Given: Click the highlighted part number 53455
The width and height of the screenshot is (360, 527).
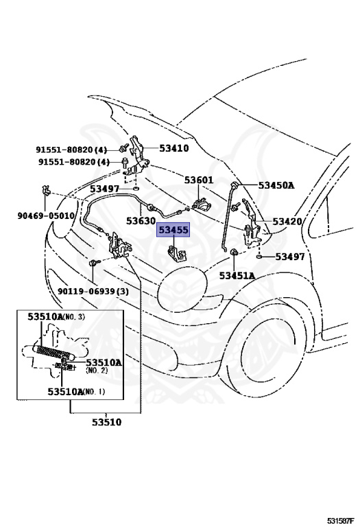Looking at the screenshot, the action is click(x=173, y=230).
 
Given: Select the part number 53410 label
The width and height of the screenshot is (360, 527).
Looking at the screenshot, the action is click(x=173, y=148).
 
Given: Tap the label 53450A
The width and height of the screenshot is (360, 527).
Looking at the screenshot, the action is click(x=276, y=185).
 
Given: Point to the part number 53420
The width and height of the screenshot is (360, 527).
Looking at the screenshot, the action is click(x=287, y=221).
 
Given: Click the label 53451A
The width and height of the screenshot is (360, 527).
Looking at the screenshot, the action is click(x=237, y=276).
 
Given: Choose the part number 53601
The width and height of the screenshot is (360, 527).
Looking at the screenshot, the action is click(x=198, y=180).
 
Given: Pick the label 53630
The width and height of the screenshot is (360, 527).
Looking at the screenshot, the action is click(x=141, y=221).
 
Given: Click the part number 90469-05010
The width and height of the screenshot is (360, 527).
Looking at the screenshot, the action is click(x=46, y=215).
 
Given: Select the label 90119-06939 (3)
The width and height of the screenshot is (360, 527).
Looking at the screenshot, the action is click(x=93, y=291).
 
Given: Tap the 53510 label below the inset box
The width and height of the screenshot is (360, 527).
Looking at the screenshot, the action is click(x=107, y=422).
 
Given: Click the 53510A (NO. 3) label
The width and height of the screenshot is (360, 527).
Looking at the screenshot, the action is click(x=56, y=316).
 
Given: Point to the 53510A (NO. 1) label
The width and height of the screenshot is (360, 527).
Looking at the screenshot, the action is click(x=76, y=392).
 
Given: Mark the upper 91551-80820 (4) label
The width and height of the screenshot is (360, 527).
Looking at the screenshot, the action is click(x=71, y=149).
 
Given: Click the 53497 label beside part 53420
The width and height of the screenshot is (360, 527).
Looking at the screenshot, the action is click(x=290, y=257).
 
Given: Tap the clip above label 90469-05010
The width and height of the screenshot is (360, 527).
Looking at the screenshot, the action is click(x=45, y=191).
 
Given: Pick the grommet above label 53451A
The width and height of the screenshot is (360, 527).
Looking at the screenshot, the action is click(x=232, y=252).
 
